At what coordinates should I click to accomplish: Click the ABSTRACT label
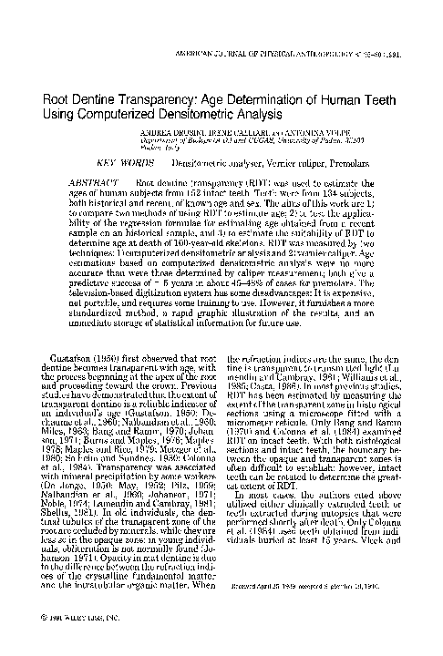pyautogui.click(x=94, y=182)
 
